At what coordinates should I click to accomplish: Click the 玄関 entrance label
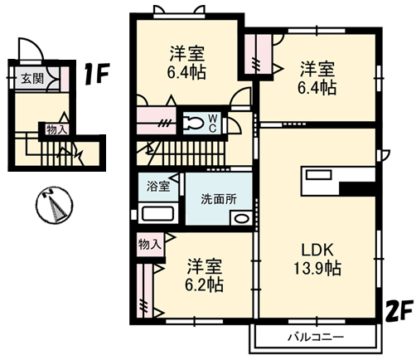(x=32, y=79)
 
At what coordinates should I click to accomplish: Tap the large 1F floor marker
(x=97, y=74)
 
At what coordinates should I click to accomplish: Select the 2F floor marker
(x=399, y=311)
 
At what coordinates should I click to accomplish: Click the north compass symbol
(x=55, y=205)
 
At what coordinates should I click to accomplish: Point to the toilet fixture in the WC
(x=194, y=122)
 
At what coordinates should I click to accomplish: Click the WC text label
(x=212, y=124)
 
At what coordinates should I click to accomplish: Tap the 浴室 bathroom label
(x=158, y=186)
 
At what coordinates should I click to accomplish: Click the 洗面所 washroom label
(x=219, y=199)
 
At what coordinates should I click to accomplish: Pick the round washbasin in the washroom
(x=242, y=218)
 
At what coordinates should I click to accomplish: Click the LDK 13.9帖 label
(x=317, y=259)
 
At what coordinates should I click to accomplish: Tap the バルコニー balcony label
(x=316, y=337)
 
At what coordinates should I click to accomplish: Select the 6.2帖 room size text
(x=204, y=285)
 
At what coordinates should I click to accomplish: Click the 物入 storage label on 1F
(x=56, y=129)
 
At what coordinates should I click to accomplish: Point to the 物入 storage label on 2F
(x=149, y=245)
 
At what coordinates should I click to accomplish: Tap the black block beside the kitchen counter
(x=357, y=189)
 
